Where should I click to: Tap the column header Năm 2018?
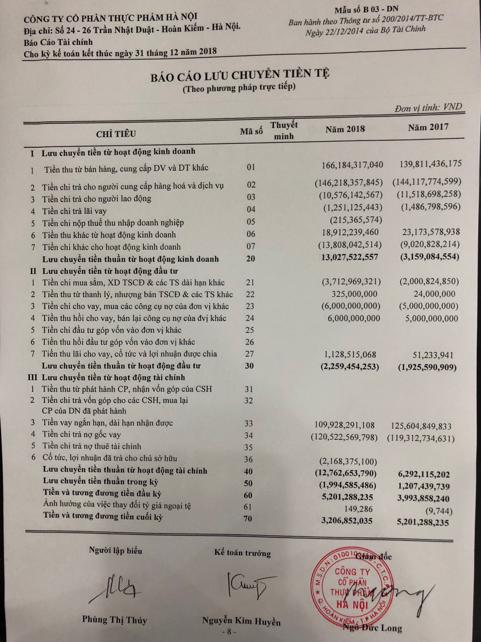click(345, 129)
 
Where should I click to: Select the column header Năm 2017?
click(428, 127)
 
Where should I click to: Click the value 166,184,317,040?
click(351, 165)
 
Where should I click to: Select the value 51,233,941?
click(433, 355)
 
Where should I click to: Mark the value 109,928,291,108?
click(343, 425)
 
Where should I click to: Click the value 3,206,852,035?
click(346, 521)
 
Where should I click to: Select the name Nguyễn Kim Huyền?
click(242, 621)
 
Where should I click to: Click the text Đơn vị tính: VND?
click(428, 107)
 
